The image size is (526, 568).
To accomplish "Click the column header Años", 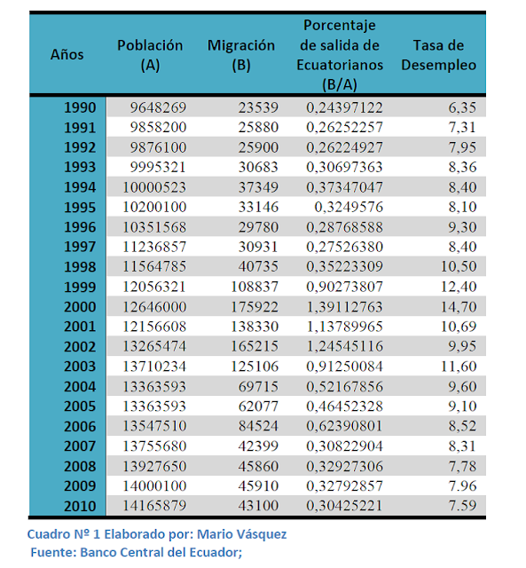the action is point(67,54).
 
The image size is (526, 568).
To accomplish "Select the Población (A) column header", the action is point(150,55).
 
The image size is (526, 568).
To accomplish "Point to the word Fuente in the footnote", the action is point(54,552).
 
